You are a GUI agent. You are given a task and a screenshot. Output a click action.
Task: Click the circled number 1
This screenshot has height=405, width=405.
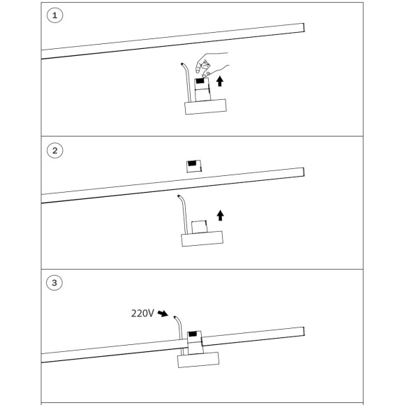pos(54,15)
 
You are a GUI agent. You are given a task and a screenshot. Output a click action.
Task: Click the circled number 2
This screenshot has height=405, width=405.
pos(54,150)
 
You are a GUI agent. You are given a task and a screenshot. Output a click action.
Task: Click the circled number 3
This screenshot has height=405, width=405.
pos(54,283)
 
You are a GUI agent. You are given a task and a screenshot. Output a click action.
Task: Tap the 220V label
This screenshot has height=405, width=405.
pos(142,314)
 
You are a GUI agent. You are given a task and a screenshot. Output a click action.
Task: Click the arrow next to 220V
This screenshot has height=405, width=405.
pos(163,314)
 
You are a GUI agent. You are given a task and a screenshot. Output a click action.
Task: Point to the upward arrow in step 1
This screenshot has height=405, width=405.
pos(220,81)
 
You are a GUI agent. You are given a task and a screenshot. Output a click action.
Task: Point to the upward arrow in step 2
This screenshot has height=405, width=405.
pos(220,215)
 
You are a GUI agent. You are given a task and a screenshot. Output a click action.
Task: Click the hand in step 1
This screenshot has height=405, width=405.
pos(212,64)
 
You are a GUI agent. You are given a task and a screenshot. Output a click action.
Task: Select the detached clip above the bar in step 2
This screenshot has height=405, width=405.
pos(194,166)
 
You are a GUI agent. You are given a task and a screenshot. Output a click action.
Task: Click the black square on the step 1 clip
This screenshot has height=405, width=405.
pos(200,81)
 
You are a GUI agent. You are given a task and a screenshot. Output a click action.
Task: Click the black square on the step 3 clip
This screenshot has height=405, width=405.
pos(193,334)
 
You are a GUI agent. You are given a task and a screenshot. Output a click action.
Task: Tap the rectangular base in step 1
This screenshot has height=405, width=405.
pos(205,107)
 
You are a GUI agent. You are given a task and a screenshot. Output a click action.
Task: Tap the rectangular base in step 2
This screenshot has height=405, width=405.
pos(202,239)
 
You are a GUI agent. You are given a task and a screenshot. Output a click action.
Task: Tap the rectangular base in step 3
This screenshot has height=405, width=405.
pos(198,360)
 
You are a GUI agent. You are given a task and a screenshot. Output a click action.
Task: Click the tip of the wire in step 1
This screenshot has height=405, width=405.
pos(182,64)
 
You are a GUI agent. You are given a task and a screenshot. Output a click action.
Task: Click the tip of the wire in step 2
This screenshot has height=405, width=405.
pos(178,196)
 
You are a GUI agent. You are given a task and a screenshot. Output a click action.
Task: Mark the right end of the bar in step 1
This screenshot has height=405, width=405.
pos(304,28)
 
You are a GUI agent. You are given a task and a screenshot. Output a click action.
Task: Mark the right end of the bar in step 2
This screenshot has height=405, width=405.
pos(304,172)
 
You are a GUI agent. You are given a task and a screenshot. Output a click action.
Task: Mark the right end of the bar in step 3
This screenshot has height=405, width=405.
pos(304,332)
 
